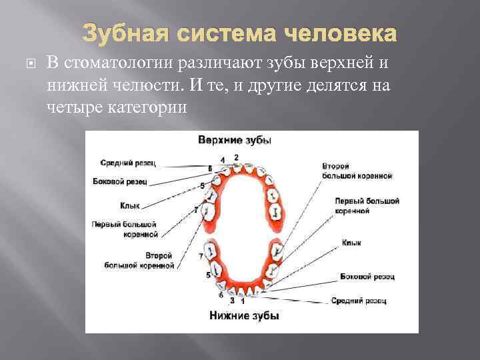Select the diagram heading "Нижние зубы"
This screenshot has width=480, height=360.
tap(243, 315)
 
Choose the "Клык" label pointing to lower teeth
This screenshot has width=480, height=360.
tap(351, 243)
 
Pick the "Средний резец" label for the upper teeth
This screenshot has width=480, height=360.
tap(129, 162)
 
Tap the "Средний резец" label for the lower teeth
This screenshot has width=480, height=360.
tap(359, 301)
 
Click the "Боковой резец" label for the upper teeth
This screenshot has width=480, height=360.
tap(121, 181)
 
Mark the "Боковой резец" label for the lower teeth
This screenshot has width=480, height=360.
tap(367, 275)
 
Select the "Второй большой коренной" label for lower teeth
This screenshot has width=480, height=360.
tap(140, 261)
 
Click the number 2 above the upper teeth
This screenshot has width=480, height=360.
tap(236, 157)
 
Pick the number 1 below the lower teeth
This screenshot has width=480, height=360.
tap(242, 301)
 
